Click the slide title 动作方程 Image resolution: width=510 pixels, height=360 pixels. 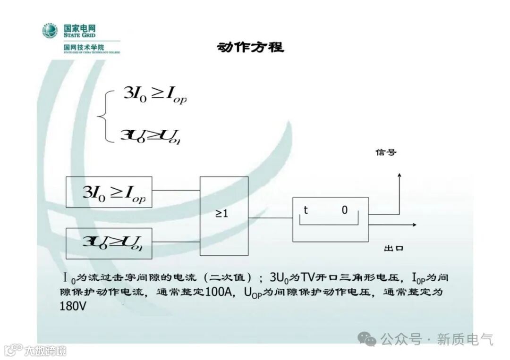251,47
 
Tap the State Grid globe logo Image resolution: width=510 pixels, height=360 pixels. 50,31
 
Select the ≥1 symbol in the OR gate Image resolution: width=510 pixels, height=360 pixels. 222,213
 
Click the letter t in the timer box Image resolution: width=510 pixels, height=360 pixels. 306,210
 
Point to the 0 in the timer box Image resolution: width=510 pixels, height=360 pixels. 345,210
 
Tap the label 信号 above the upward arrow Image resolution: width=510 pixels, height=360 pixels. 386,152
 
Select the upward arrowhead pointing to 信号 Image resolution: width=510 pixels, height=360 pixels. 399,176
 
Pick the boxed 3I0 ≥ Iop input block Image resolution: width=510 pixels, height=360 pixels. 109,192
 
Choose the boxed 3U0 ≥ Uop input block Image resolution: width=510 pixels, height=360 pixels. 109,243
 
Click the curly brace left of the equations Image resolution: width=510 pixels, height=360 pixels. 104,116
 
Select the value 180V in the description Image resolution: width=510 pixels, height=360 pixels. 73,306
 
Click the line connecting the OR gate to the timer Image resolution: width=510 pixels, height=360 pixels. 271,218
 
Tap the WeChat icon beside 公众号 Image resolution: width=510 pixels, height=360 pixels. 367,338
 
